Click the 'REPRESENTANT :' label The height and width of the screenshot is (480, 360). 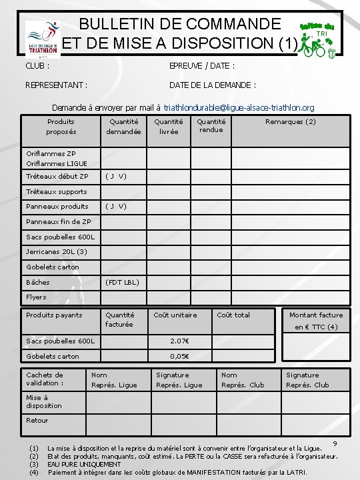point(56,85)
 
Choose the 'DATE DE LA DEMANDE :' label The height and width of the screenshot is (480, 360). point(213,85)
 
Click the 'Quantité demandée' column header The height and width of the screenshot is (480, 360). point(123,127)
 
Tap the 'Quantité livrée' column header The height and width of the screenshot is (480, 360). point(169,127)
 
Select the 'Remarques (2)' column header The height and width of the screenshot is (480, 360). point(291,122)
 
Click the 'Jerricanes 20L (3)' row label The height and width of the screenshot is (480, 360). point(56,252)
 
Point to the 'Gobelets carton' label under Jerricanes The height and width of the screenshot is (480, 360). point(52,267)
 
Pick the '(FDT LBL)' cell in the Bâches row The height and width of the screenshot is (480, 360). point(122,283)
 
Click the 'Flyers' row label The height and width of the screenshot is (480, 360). point(36,297)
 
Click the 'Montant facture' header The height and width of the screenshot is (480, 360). point(316,315)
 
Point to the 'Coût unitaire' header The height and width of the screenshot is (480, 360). point(175,315)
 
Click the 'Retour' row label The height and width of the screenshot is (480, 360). point(37,421)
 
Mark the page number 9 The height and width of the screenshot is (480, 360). point(335,443)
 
